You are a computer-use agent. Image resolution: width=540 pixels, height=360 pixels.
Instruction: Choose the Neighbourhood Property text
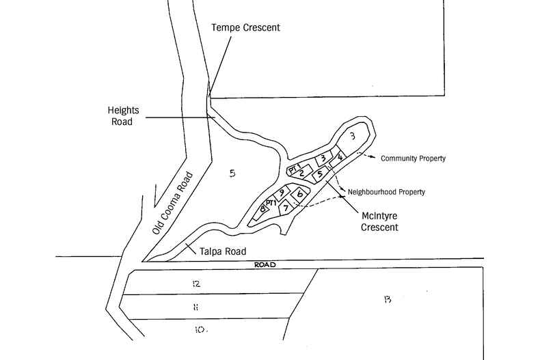(x=386, y=192)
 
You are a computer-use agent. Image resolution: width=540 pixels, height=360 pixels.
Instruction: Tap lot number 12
(x=195, y=283)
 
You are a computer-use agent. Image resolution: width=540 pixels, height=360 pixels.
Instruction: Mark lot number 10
(x=199, y=330)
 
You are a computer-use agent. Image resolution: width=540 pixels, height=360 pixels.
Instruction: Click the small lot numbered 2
(x=301, y=172)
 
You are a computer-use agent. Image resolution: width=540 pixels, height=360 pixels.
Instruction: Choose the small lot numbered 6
(x=300, y=194)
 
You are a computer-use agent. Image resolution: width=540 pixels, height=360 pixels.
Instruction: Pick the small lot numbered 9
(x=281, y=192)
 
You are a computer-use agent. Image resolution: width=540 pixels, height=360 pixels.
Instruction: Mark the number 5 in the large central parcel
(x=232, y=174)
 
